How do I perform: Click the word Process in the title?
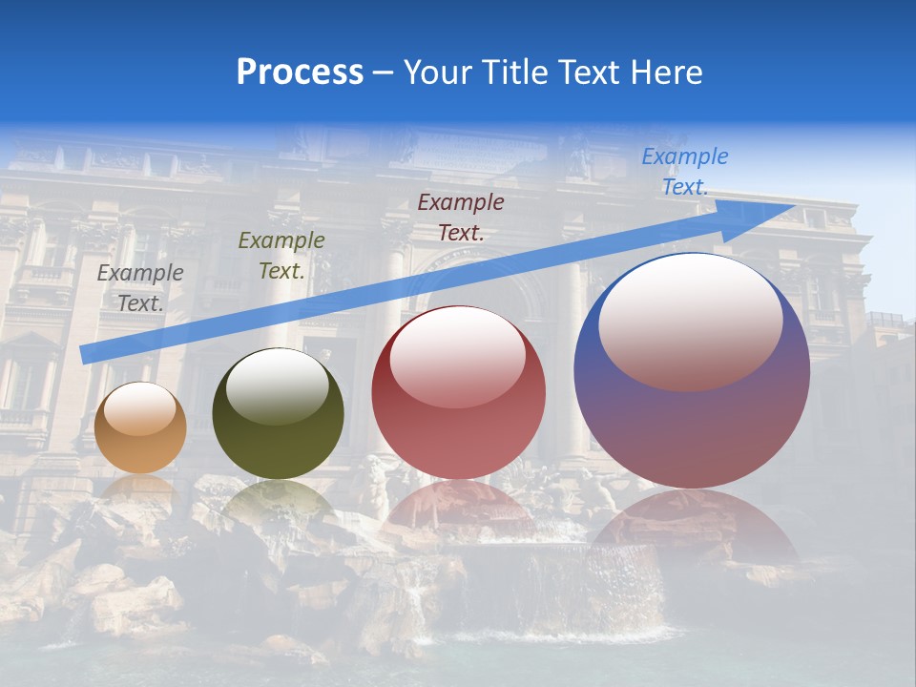pyautogui.click(x=300, y=73)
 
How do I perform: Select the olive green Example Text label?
pyautogui.click(x=281, y=256)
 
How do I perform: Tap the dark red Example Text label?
pyautogui.click(x=461, y=217)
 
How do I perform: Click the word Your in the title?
pyautogui.click(x=438, y=73)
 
